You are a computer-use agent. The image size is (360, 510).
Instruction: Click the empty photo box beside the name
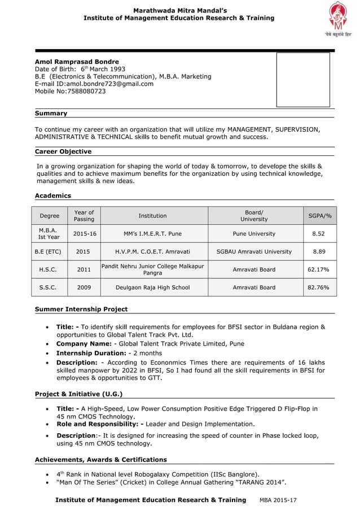click(x=303, y=80)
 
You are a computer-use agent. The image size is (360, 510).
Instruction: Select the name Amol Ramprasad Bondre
click(x=77, y=62)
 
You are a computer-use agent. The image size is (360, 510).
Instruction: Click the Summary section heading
click(x=51, y=114)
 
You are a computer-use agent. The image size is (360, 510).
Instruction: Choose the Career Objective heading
click(x=63, y=151)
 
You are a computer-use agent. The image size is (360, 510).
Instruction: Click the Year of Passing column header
click(x=84, y=216)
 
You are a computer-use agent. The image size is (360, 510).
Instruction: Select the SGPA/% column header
click(x=319, y=216)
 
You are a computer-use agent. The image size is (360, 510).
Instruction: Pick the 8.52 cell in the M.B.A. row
click(x=319, y=234)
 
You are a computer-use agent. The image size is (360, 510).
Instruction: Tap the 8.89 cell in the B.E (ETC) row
click(x=319, y=251)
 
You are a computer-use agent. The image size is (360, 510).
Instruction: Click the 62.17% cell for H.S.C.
click(x=319, y=269)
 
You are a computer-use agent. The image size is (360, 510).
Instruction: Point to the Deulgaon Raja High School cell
click(x=152, y=287)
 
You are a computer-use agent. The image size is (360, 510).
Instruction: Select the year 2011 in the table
click(x=84, y=269)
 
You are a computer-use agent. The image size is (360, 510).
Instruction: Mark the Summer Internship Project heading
click(x=81, y=309)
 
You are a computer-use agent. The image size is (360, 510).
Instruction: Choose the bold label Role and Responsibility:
click(x=100, y=424)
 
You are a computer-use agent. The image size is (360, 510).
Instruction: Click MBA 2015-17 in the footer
click(x=278, y=500)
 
